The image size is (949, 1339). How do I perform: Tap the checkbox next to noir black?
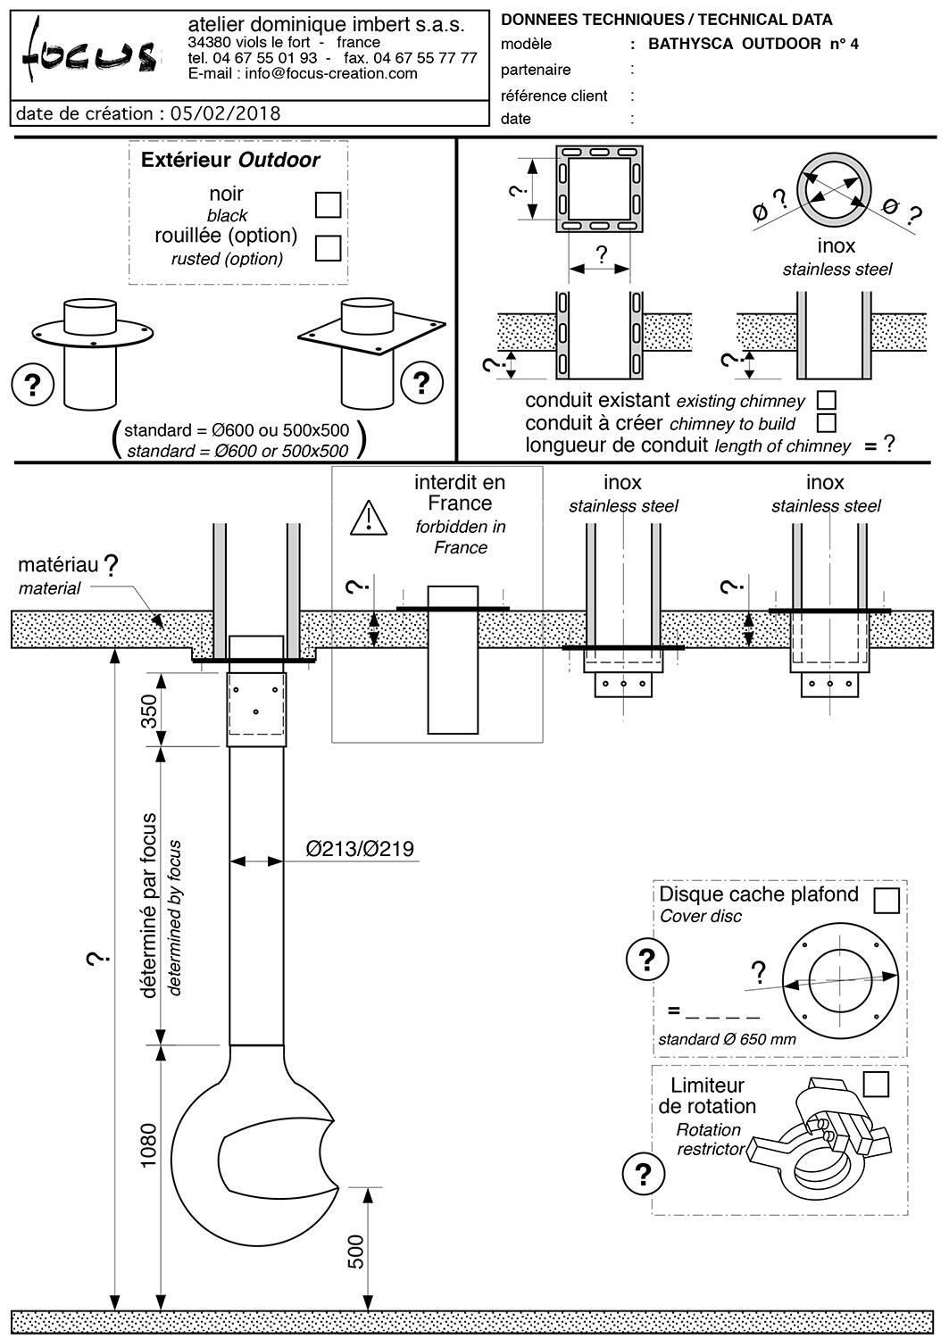point(329,204)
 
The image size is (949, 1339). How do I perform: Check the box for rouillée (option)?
point(329,247)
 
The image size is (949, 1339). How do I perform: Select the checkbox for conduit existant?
point(827,400)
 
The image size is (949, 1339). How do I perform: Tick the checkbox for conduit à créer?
point(827,421)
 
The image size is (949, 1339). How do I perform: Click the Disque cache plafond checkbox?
point(887,900)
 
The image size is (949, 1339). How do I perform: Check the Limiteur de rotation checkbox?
point(877,1084)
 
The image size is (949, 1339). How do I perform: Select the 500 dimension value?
point(355,1252)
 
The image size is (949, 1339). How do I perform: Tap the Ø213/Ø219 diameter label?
point(360,849)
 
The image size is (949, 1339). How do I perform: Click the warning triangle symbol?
point(368,518)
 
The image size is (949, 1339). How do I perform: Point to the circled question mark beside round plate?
point(33,384)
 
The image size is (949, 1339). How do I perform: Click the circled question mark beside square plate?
point(421,382)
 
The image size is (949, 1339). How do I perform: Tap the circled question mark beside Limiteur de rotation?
point(643,1173)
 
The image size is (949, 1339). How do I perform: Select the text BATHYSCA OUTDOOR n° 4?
point(753,44)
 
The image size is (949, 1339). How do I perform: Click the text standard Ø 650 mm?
point(727,1039)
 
